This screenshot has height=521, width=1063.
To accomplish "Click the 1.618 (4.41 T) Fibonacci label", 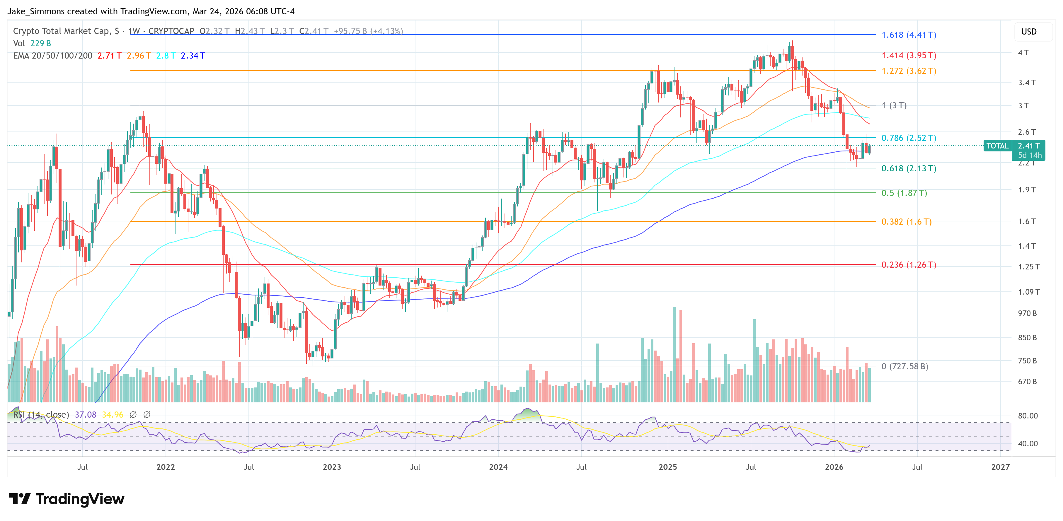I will pos(909,35).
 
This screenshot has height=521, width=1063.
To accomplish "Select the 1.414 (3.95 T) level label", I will pos(909,55).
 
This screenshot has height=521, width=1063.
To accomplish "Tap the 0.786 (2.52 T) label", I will pos(909,138).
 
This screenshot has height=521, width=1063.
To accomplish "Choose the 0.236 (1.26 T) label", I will pos(909,265).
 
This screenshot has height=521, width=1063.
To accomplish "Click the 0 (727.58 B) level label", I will pos(904,366).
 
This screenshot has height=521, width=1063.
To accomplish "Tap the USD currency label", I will pos(1028,32).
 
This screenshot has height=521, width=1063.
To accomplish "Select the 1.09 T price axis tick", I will pos(1028,292).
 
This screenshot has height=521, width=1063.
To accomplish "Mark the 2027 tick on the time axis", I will pos(1000,467).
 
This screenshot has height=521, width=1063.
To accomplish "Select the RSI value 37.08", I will pos(86,415).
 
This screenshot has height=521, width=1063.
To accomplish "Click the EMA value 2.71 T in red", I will pos(109,56).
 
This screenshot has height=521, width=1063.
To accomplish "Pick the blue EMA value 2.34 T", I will pos(193,56).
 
